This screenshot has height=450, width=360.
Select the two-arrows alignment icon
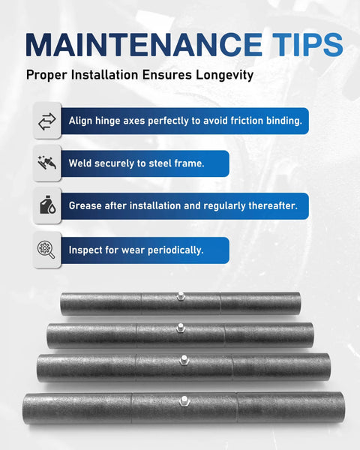tap(46, 121)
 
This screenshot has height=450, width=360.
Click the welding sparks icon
tap(46, 163)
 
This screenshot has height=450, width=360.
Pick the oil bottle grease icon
tap(46, 205)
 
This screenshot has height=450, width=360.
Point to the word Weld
tap(82, 163)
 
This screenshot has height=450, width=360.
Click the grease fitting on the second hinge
tap(181, 327)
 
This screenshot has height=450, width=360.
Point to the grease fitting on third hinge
tap(182, 360)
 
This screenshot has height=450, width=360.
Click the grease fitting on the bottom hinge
tap(184, 399)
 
